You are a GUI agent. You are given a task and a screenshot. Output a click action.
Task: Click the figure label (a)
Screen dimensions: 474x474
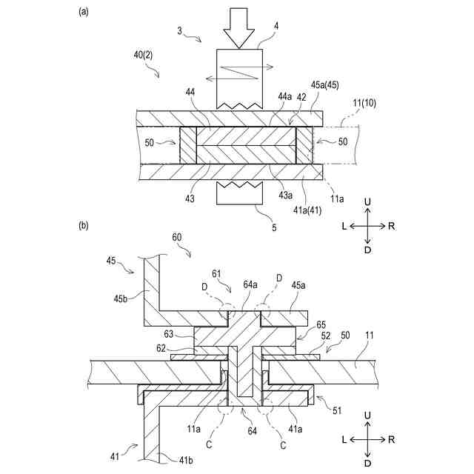pyautogui.click(x=85, y=11)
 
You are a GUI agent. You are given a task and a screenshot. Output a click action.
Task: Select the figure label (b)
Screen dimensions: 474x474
pyautogui.click(x=85, y=227)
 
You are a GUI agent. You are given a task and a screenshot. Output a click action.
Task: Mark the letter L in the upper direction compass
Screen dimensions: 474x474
pyautogui.click(x=345, y=226)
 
